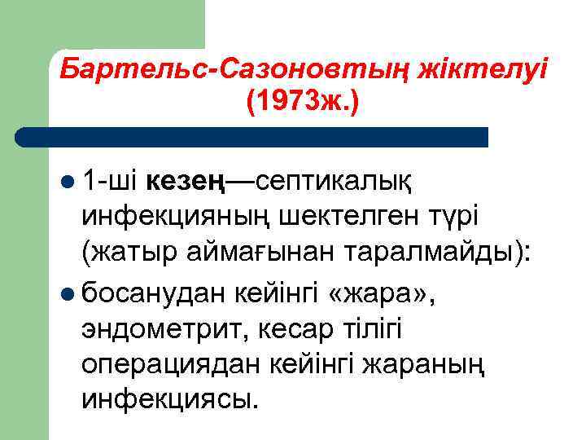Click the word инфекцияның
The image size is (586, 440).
[x=172, y=218]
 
